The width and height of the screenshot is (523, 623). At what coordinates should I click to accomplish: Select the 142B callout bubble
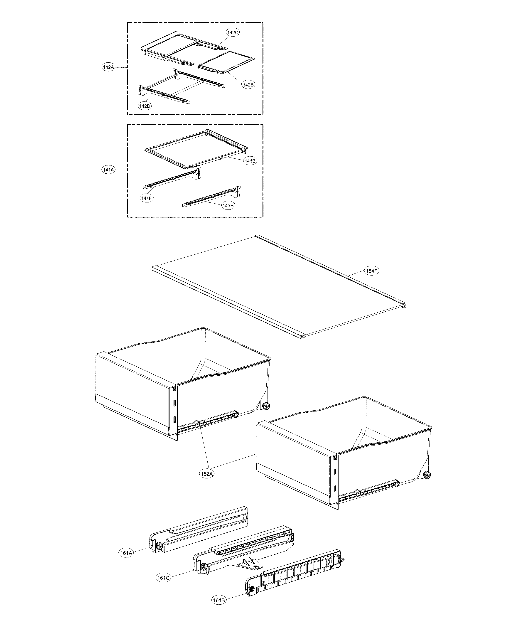[x=248, y=85]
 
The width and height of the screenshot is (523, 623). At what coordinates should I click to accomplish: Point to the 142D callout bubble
[x=145, y=106]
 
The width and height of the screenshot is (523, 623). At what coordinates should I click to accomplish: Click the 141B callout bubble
[x=250, y=161]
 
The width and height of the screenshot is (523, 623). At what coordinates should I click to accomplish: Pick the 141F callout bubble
[x=147, y=198]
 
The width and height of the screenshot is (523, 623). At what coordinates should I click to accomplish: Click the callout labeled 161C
[x=163, y=578]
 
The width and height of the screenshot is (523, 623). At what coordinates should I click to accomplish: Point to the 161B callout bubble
[x=219, y=603]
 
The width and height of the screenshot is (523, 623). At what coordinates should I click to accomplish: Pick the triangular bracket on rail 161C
[x=250, y=563]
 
